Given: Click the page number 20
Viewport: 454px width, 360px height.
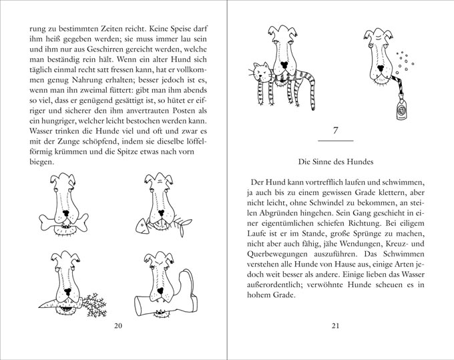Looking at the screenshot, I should tap(120, 325).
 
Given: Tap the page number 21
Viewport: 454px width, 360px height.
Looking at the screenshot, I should tap(336, 325).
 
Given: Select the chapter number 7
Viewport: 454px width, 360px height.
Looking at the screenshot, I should tap(336, 130).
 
